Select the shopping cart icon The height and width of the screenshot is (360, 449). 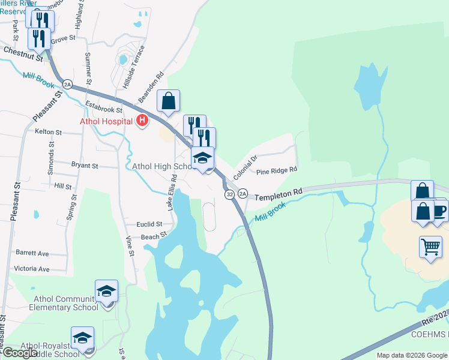[x=430, y=247]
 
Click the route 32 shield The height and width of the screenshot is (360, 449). [x=229, y=194]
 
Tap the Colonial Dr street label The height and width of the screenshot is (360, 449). [x=245, y=167]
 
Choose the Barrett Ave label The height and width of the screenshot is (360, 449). [x=32, y=253]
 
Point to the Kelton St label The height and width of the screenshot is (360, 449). [x=49, y=131]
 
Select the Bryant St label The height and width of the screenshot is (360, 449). [x=85, y=164]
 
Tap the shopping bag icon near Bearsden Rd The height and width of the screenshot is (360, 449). [x=169, y=101]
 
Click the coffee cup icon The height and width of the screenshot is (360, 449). [x=439, y=211]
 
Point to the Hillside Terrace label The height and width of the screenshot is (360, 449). [x=133, y=67]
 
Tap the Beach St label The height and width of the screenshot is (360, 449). [x=154, y=237]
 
